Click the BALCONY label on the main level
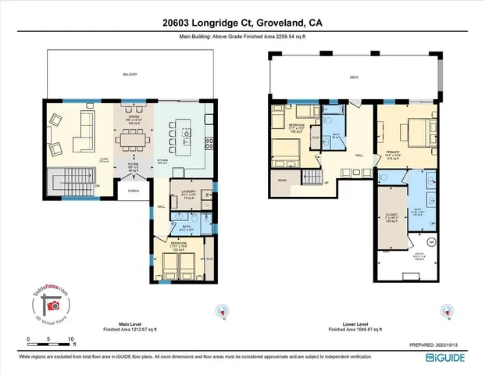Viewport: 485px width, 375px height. pos(130,74)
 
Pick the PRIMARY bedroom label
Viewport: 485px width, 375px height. pos(393,153)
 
